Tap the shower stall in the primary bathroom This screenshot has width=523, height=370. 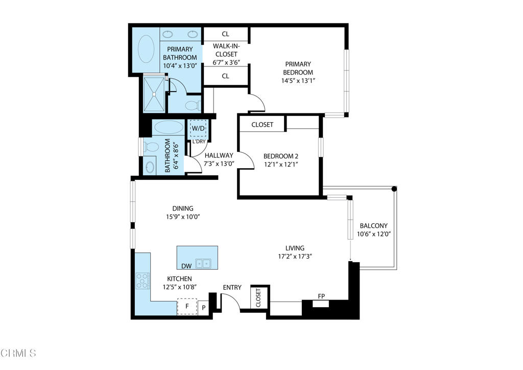click(x=154, y=94)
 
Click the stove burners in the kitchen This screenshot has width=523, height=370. click(x=142, y=281)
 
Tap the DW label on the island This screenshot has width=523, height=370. click(x=186, y=266)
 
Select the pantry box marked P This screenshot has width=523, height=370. click(x=203, y=308)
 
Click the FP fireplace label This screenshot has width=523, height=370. click(x=321, y=296)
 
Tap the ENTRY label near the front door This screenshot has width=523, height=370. click(x=232, y=288)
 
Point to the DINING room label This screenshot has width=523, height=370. click(x=182, y=208)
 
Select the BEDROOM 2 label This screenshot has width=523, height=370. click(x=280, y=156)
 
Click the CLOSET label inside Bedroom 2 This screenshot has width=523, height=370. click(x=262, y=124)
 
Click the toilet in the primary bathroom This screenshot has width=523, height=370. click(x=192, y=106)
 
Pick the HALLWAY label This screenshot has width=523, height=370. click(x=219, y=155)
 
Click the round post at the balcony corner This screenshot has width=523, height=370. click(x=394, y=189)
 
